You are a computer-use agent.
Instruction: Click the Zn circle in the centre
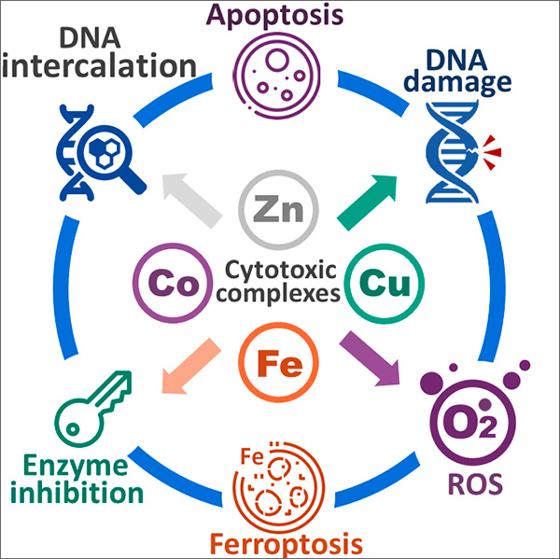tap(280, 206)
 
